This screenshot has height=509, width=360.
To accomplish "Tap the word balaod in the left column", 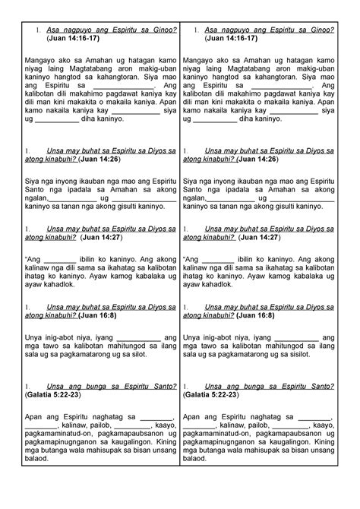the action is tap(39, 459).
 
